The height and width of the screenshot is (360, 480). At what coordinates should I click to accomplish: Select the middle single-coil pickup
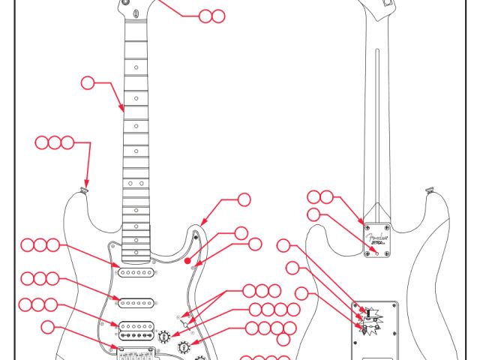coord(136,302)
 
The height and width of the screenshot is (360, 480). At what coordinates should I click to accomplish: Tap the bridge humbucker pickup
coord(136,327)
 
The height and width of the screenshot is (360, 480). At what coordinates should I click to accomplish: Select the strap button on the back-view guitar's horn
coord(429,191)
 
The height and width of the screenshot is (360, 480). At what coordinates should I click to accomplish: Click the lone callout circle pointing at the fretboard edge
coord(88,83)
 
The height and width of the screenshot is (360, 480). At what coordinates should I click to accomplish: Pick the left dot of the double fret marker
coord(130,183)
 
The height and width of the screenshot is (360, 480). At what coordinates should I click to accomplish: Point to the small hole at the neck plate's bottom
coord(377,253)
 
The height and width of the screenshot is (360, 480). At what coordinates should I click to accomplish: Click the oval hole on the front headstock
coord(134,14)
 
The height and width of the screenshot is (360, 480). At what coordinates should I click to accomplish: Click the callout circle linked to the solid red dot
coord(241,233)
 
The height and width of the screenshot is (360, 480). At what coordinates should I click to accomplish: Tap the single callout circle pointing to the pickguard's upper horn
coord(244,199)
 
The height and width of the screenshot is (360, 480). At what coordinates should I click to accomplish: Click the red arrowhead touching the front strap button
coord(85,185)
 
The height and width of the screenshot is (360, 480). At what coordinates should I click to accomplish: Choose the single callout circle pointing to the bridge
coord(48,326)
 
